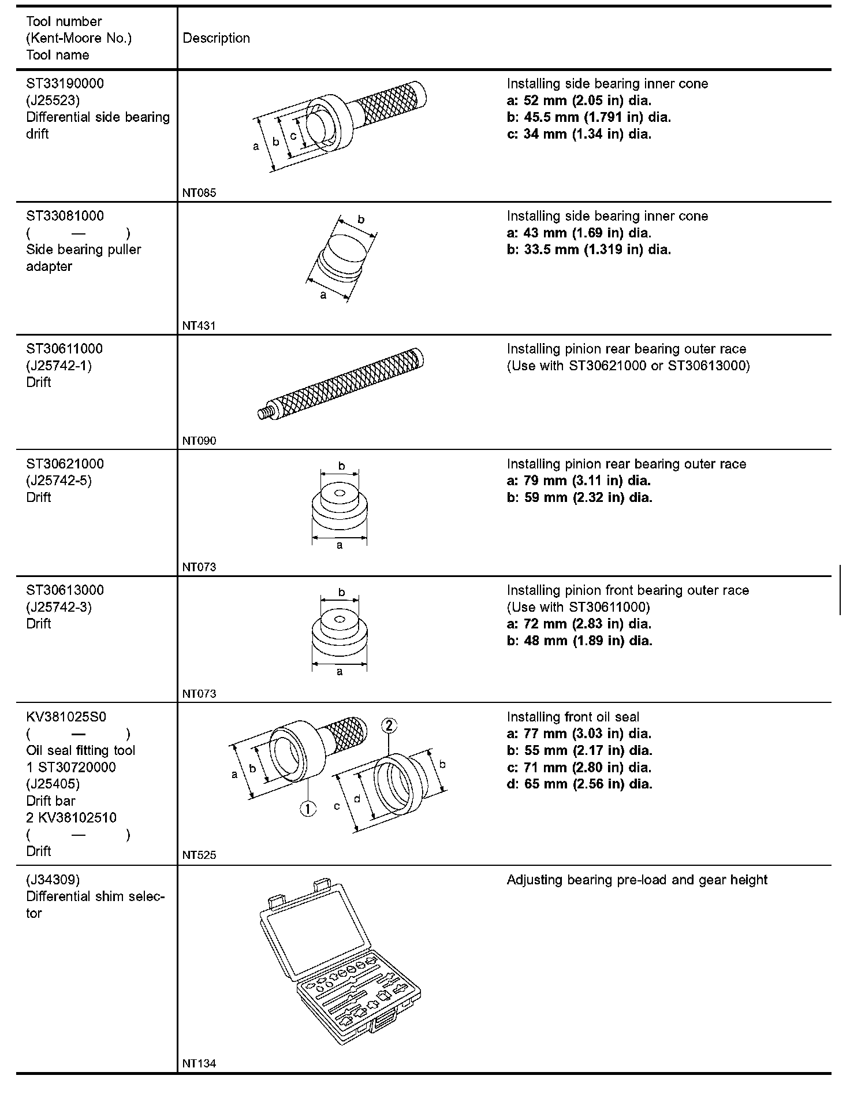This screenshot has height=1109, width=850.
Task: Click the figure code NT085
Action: pos(199,193)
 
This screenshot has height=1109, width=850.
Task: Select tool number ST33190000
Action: pos(65,84)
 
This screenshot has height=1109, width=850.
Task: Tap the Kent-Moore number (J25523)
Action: pos(53,101)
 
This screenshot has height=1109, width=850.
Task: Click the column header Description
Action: pos(216,38)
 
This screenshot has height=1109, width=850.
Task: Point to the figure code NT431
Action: pos(199,326)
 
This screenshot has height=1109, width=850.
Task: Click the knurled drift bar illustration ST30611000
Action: pos(341,384)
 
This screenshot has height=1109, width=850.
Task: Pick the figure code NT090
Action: pos(199,441)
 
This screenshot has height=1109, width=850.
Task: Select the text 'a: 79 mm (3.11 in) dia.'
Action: pos(579,481)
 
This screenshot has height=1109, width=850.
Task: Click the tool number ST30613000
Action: pos(65,590)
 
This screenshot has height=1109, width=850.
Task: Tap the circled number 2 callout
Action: pos(389,725)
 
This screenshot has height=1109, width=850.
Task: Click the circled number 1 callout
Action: pos(308,809)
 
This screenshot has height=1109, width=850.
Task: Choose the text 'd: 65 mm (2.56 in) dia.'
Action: pos(580,784)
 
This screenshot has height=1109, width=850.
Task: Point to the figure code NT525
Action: pos(199,855)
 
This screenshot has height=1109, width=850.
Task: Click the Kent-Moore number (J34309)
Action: pos(53,880)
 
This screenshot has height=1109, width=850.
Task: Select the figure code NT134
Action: pos(199,1063)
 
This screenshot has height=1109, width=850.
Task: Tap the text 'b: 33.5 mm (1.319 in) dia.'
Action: pos(589,250)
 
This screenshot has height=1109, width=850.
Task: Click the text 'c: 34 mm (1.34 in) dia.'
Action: pos(579,135)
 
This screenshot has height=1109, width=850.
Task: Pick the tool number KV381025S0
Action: pos(66,717)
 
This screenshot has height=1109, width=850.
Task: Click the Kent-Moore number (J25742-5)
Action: pos(59,481)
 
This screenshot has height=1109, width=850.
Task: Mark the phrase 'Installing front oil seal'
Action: pos(573,717)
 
